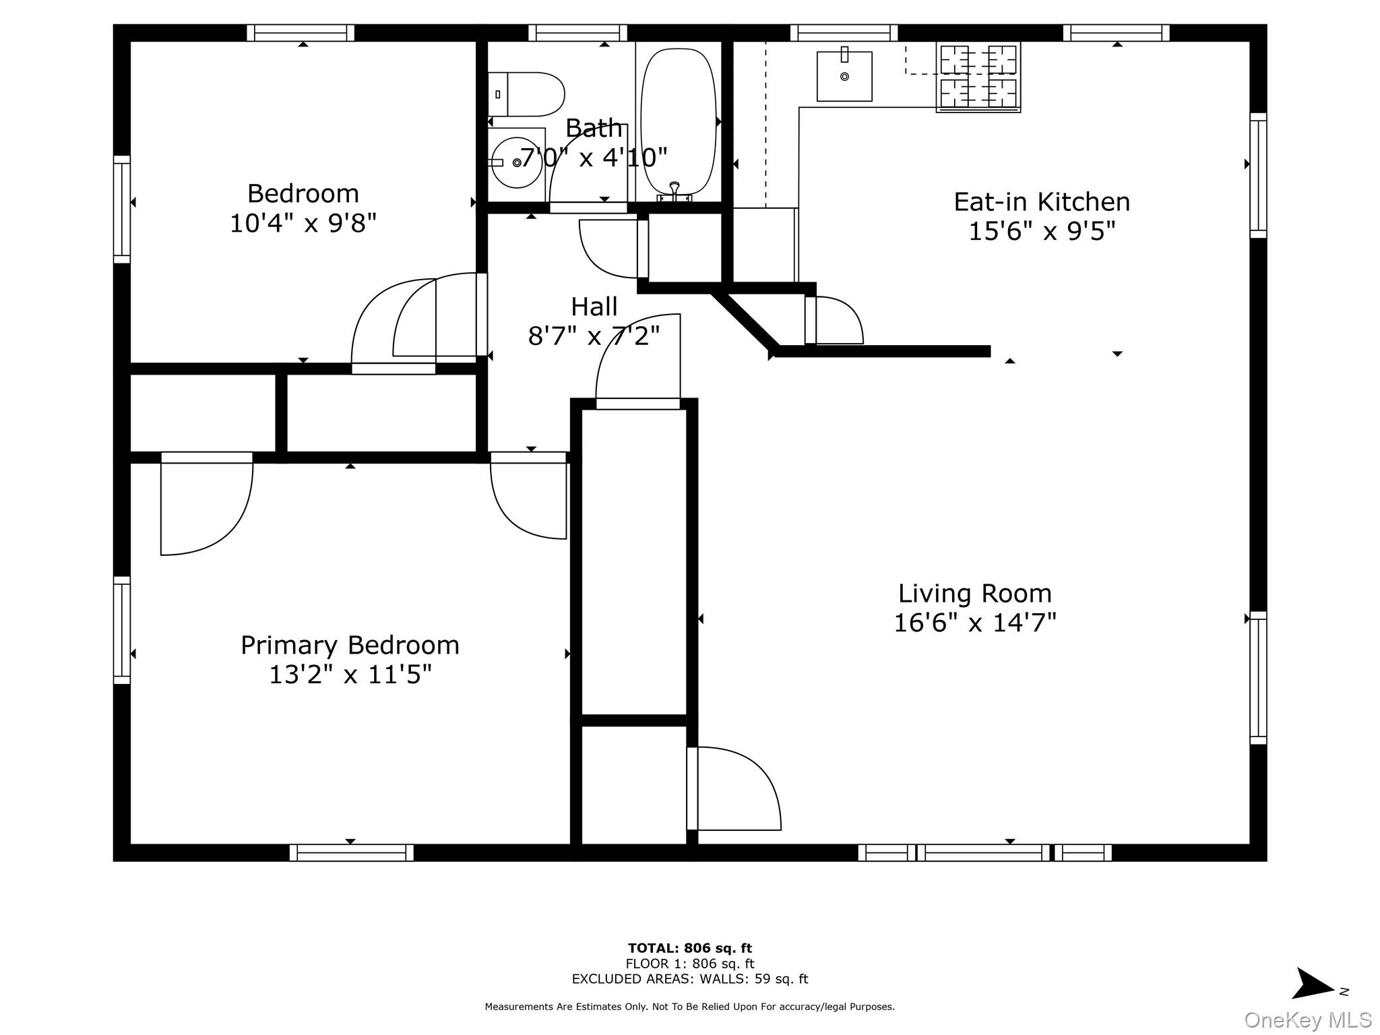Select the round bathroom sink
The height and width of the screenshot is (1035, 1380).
(517, 162)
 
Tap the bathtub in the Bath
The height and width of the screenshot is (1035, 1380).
(678, 121)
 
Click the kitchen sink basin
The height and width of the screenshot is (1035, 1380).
(844, 76)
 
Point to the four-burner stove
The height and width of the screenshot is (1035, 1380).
(978, 76)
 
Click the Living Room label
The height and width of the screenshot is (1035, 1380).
(974, 594)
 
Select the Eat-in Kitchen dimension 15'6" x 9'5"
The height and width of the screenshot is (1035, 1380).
(1042, 231)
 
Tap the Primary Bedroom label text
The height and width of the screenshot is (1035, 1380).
(350, 645)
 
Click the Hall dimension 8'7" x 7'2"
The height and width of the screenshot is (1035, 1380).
(594, 335)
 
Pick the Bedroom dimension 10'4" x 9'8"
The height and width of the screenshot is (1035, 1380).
(303, 223)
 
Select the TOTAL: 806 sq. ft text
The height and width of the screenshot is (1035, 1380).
(689, 948)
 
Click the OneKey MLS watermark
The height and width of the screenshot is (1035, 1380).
(1307, 1020)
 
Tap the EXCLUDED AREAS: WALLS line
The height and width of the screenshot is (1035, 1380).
(689, 979)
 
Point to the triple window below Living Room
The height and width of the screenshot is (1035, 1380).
(984, 852)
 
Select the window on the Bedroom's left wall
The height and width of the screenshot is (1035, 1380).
(122, 209)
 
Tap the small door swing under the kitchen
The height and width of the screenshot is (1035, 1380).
(836, 321)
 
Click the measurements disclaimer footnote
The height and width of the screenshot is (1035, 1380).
(689, 1007)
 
